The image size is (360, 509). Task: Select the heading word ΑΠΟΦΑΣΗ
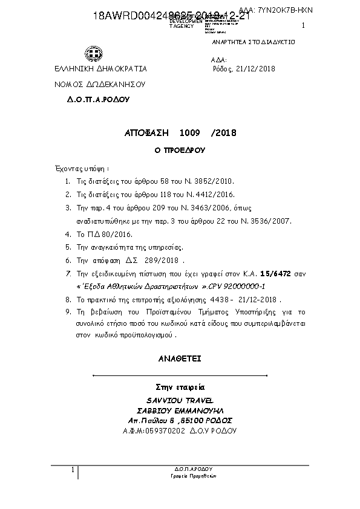tap(143, 132)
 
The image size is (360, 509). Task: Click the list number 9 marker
tap(67, 312)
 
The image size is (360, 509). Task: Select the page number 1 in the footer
tap(73, 470)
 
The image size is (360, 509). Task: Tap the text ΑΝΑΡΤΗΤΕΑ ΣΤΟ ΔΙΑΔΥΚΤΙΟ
tap(253, 43)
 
